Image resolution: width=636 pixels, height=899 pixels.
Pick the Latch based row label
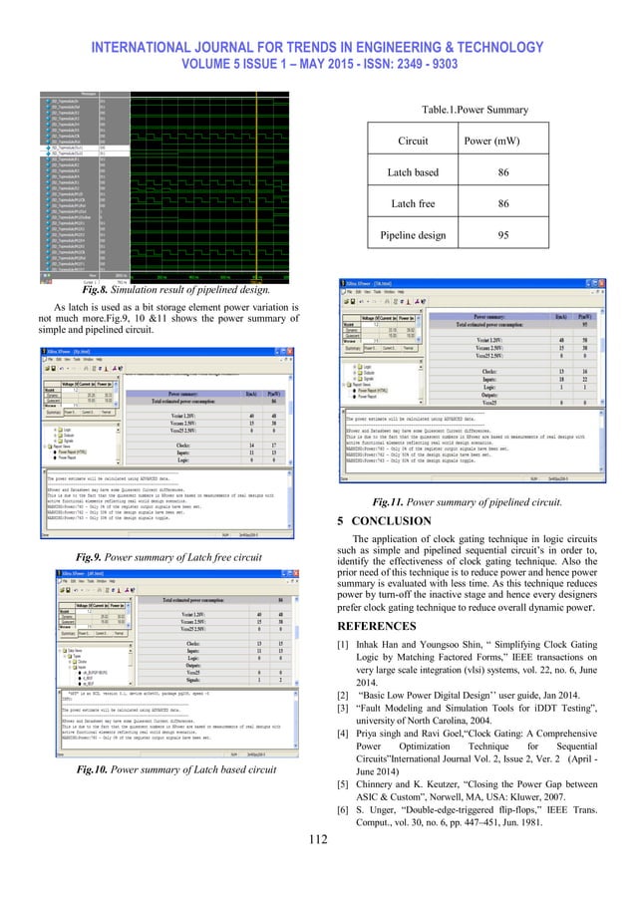tap(416, 172)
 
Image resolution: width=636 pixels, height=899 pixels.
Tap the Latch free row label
tap(416, 202)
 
